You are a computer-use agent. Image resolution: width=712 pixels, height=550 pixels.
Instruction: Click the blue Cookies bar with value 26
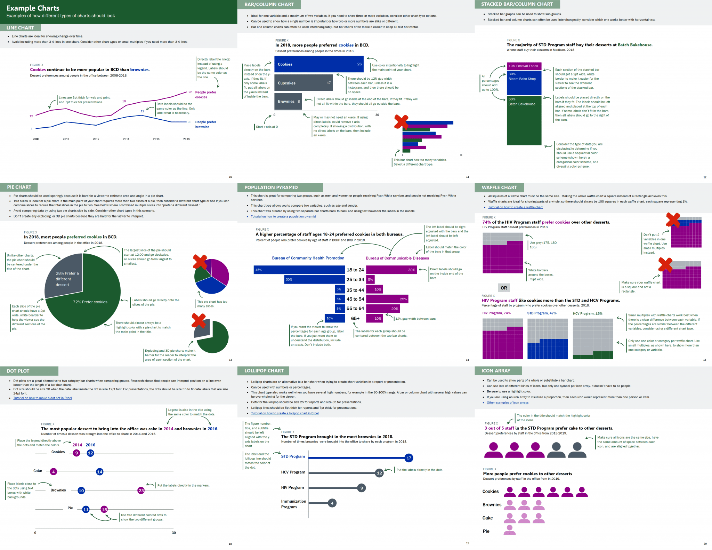(318, 64)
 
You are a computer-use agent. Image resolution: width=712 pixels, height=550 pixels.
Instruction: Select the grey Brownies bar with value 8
(288, 102)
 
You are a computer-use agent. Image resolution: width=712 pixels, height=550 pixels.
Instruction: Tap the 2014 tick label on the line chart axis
(126, 139)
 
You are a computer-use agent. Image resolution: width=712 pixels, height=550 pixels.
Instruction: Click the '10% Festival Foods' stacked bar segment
(524, 66)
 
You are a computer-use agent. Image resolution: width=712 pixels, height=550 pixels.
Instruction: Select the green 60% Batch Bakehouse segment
(524, 120)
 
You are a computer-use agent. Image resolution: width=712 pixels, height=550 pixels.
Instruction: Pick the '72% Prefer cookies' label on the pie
(90, 302)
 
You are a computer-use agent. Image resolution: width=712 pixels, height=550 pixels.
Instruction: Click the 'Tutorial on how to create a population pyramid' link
(283, 216)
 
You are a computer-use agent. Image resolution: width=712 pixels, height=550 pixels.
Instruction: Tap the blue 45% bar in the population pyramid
(299, 270)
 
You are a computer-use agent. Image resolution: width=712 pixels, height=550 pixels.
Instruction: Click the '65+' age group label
(355, 318)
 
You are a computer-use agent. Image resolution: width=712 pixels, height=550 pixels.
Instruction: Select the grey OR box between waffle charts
(504, 288)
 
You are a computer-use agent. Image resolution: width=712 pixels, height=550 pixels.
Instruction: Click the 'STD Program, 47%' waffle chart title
(542, 313)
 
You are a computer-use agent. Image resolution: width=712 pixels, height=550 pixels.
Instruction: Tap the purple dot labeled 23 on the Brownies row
(141, 491)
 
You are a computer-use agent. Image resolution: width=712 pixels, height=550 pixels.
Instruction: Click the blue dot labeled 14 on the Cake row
(99, 472)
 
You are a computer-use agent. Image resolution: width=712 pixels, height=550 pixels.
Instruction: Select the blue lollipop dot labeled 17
(409, 458)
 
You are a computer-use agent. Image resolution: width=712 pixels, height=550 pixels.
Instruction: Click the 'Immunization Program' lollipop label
(293, 504)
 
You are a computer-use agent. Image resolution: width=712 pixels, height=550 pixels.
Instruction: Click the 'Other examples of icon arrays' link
(507, 402)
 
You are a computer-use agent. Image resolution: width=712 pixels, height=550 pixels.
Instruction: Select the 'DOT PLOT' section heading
(18, 371)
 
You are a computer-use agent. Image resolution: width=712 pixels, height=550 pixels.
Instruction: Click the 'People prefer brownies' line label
(205, 125)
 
